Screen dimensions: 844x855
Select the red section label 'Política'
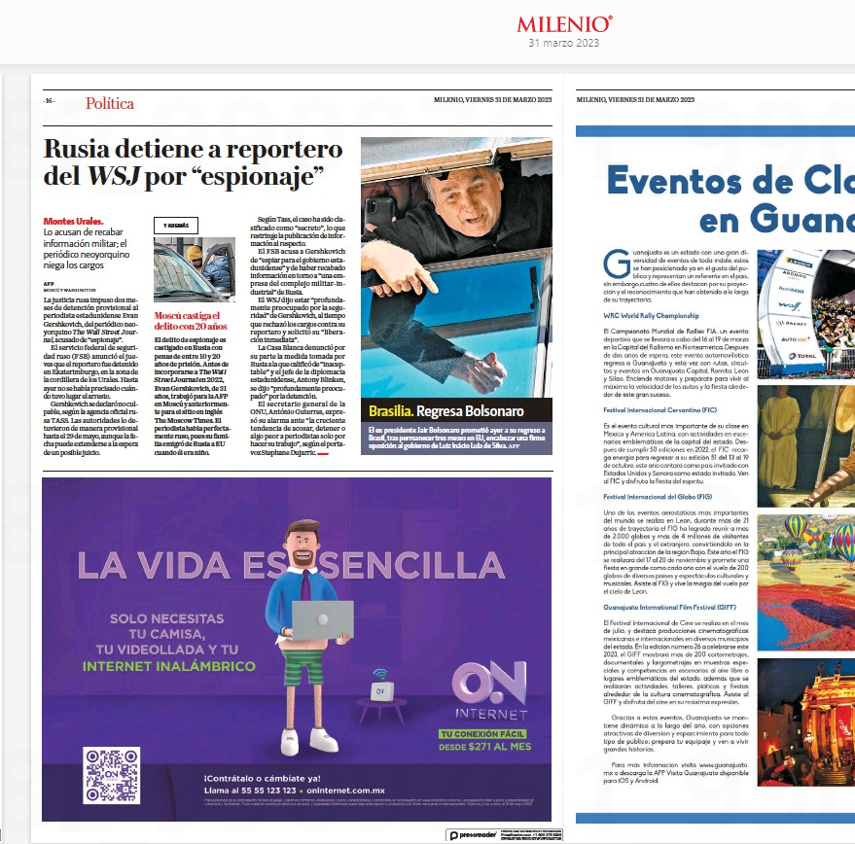click(x=109, y=103)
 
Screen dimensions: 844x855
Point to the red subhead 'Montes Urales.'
click(x=74, y=222)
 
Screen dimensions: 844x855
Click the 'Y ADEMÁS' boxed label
click(x=175, y=225)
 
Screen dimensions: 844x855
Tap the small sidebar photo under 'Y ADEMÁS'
click(x=194, y=268)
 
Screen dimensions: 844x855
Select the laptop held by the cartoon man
click(x=322, y=620)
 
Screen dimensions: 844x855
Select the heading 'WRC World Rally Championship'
click(x=651, y=316)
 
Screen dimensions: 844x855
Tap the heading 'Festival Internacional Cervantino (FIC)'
click(x=661, y=411)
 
